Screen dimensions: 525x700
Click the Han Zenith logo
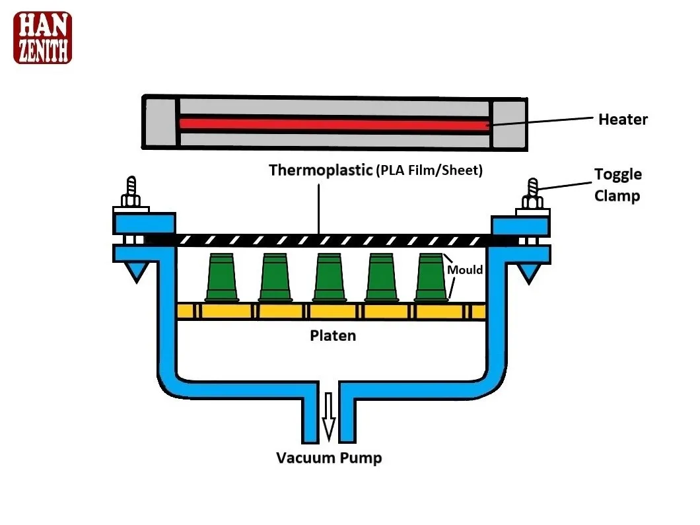(x=42, y=38)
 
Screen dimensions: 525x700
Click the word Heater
(x=623, y=120)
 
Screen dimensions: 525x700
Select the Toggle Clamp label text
(x=617, y=185)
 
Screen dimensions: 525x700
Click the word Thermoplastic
(x=320, y=170)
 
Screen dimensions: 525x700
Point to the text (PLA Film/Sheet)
(x=429, y=170)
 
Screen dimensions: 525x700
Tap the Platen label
(x=333, y=335)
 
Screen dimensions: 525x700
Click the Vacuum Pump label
(x=329, y=458)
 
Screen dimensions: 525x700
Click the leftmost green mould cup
(x=223, y=277)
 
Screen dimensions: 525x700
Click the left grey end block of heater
(x=160, y=123)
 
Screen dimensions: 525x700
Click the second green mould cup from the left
(x=275, y=277)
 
